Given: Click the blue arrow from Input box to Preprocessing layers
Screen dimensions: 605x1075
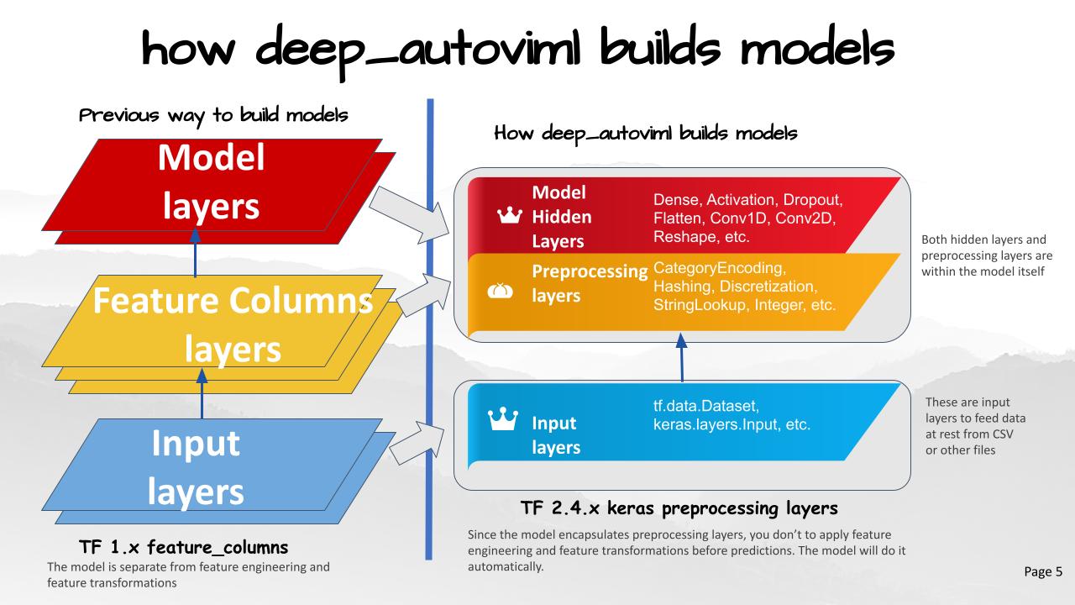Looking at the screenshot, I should pos(681,355).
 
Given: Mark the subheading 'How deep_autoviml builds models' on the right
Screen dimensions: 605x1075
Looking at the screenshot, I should pos(646,133).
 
